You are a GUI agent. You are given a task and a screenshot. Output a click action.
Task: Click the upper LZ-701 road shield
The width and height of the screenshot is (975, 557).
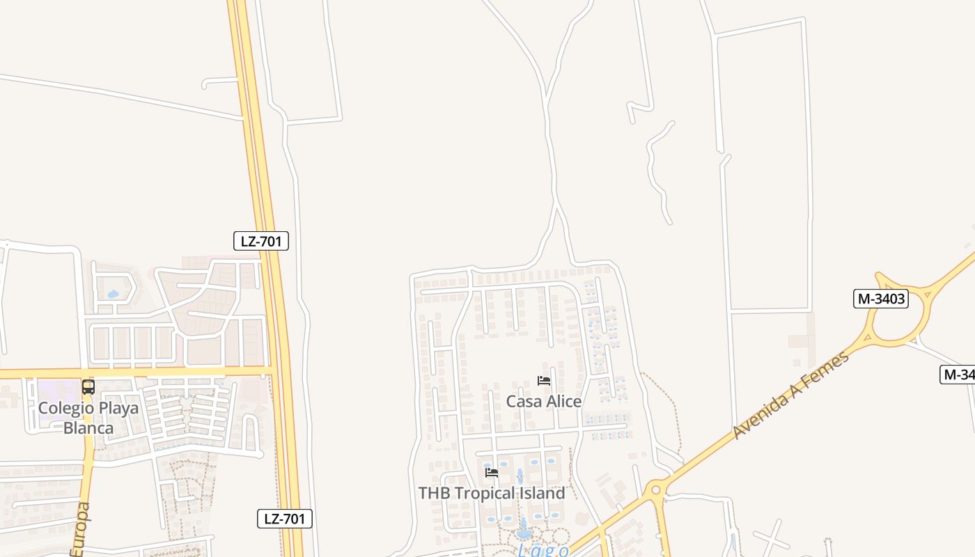tap(260, 242)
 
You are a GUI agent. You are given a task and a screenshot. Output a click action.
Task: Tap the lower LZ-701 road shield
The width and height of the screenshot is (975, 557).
tap(284, 519)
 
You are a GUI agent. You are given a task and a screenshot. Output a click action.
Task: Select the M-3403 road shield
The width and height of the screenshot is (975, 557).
tap(881, 299)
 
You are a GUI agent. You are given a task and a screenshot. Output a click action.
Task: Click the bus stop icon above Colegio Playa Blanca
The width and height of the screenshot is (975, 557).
tap(88, 387)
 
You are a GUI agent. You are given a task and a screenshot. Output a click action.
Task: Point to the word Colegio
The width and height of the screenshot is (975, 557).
tap(65, 408)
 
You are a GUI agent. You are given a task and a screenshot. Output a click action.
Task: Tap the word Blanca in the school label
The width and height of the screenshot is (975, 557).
tap(88, 427)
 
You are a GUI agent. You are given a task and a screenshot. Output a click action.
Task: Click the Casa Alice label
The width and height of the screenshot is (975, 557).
tap(543, 402)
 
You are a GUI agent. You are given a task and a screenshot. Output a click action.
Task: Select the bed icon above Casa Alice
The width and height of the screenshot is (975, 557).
tap(544, 381)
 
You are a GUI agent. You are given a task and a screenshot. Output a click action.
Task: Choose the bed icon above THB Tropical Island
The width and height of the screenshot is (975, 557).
tap(492, 473)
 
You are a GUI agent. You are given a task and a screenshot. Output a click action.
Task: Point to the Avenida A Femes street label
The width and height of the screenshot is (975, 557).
tap(791, 395)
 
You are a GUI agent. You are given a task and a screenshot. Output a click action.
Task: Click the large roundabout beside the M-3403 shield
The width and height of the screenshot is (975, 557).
tap(902, 310)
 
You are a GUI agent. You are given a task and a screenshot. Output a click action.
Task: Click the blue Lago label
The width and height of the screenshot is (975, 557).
tap(543, 550)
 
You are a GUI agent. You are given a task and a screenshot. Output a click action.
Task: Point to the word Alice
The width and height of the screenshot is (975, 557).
tap(561, 402)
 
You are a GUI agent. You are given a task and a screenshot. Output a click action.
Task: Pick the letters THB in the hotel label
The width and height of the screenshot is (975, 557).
tap(433, 493)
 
